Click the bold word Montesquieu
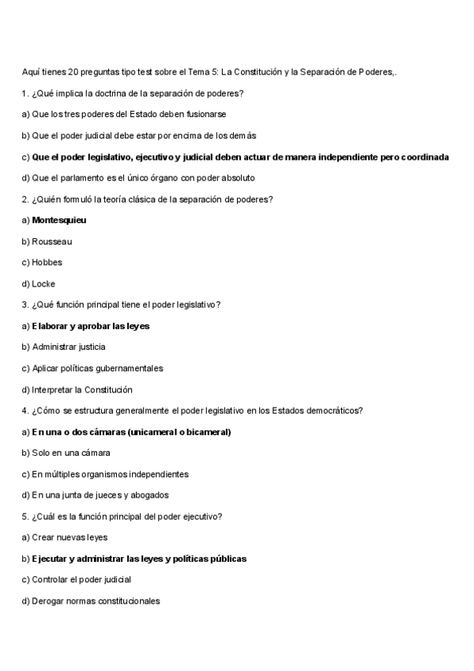tap(59, 220)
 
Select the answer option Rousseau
tap(52, 241)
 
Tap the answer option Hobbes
tap(47, 262)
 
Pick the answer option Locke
tap(43, 283)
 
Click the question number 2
tap(25, 199)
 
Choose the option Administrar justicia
tap(68, 347)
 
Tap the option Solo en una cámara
tap(70, 453)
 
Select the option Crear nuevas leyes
tap(70, 537)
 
